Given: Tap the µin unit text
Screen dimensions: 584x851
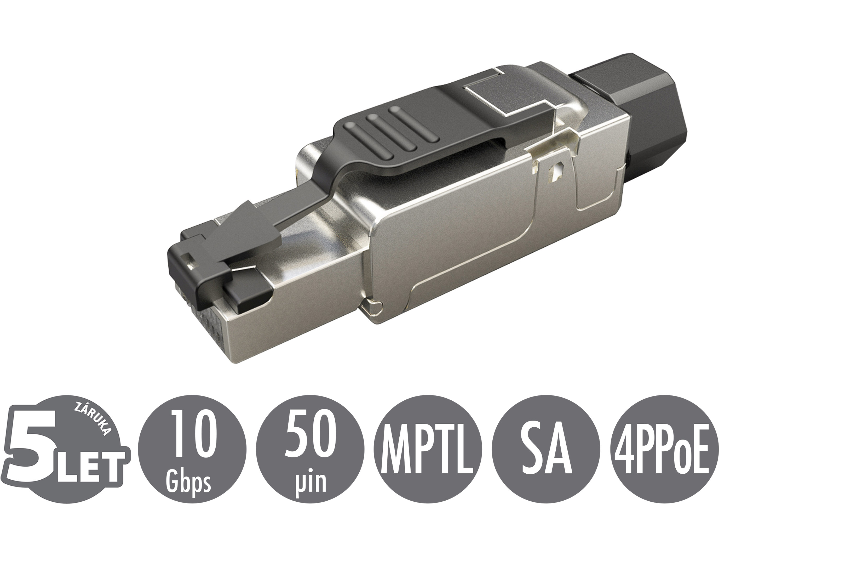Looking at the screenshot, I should coord(310,482).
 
